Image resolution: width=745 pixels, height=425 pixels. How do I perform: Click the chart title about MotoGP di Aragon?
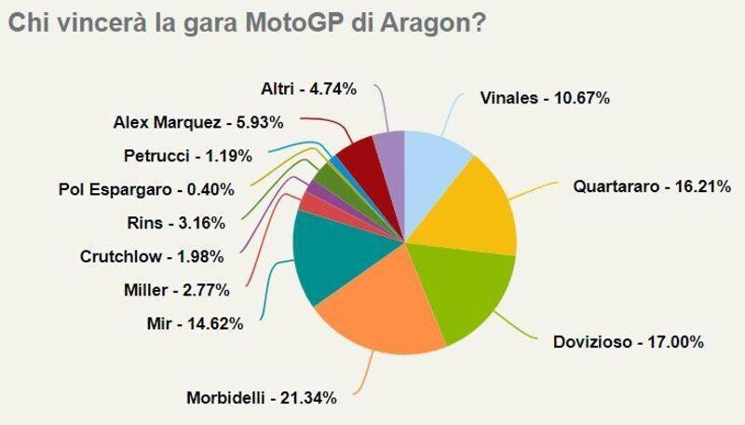pyautogui.click(x=245, y=22)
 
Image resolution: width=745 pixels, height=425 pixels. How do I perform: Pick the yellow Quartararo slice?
pyautogui.click(x=475, y=210)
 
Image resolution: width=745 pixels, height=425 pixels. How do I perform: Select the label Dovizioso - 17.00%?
pyautogui.click(x=622, y=342)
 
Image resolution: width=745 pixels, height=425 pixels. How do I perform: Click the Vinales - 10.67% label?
pyautogui.click(x=545, y=98)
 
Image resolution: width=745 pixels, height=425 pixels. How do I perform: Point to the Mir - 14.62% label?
pyautogui.click(x=197, y=323)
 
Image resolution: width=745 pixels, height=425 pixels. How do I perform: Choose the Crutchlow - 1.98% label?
pyautogui.click(x=164, y=256)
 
